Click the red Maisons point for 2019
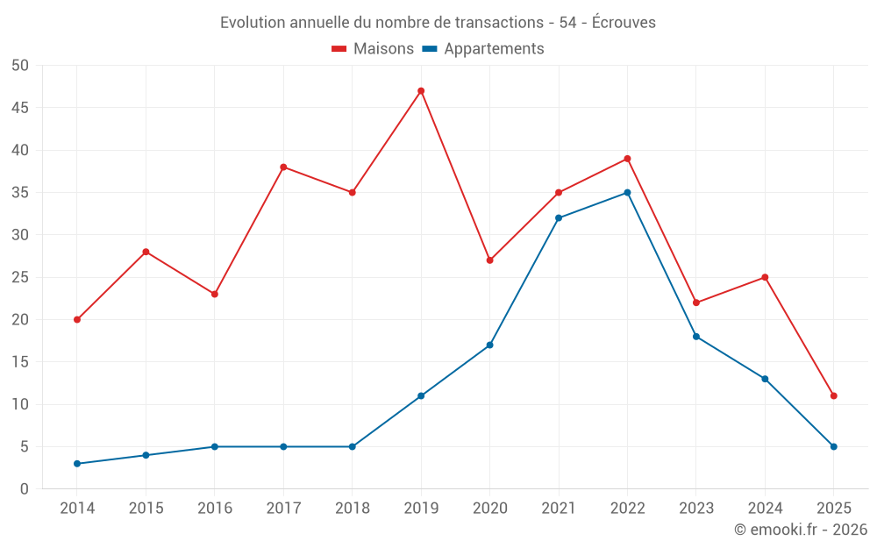(x=421, y=91)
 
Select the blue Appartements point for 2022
(x=627, y=193)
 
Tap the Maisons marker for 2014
(x=77, y=320)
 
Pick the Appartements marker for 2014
(x=77, y=464)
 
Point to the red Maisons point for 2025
(x=833, y=396)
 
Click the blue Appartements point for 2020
(x=489, y=345)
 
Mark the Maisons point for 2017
(x=283, y=167)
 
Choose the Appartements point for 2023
(x=696, y=337)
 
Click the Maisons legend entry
(x=373, y=49)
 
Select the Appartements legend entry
(x=483, y=49)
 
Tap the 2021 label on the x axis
(x=559, y=509)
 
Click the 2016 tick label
(x=215, y=509)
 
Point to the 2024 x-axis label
(x=765, y=509)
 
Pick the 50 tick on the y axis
(x=20, y=66)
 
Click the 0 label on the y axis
(x=25, y=489)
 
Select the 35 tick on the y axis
(x=20, y=193)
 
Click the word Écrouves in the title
(x=624, y=23)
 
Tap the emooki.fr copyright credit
(x=801, y=530)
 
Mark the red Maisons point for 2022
(x=627, y=159)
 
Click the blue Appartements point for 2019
(x=421, y=396)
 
